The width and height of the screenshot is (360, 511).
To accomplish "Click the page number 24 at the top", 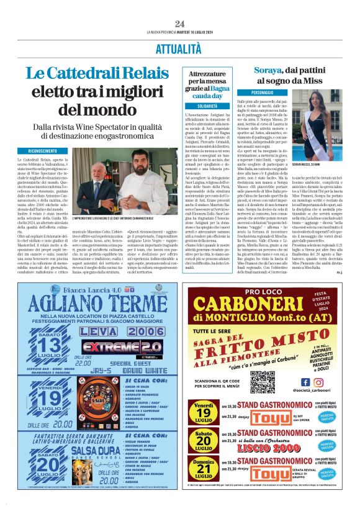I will [x=179, y=24].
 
